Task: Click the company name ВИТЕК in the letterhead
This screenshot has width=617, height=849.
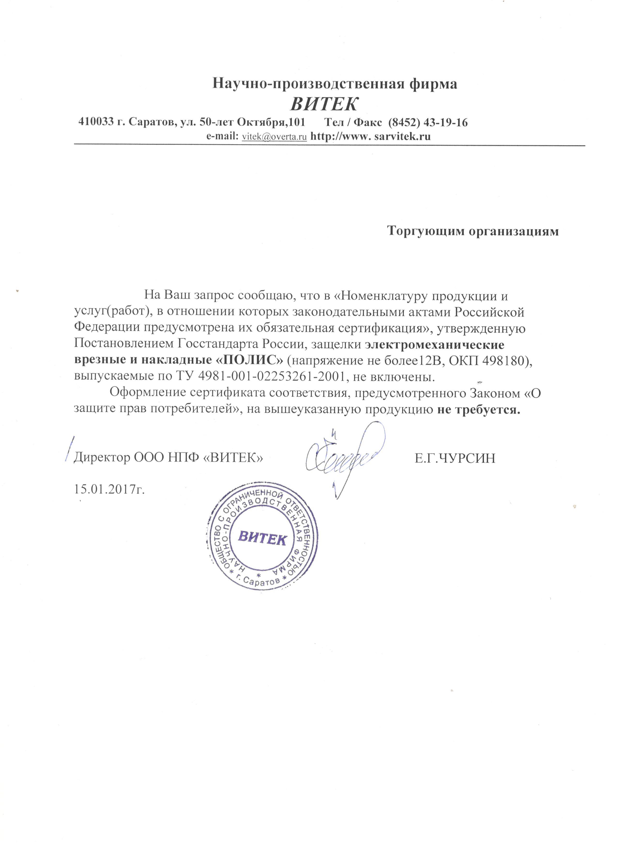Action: tap(324, 104)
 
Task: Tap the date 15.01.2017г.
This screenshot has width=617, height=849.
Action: tap(110, 489)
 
